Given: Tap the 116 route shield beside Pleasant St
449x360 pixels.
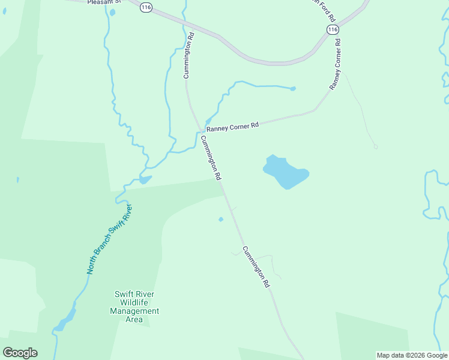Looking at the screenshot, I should pyautogui.click(x=146, y=7).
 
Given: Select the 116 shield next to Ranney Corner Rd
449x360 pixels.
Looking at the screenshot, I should pyautogui.click(x=333, y=29).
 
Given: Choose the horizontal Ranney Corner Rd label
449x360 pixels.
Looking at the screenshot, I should pyautogui.click(x=232, y=127).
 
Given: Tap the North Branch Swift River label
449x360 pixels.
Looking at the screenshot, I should pyautogui.click(x=109, y=239).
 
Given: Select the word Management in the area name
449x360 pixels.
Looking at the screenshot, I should pyautogui.click(x=134, y=311).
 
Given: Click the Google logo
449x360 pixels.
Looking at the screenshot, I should pyautogui.click(x=20, y=353).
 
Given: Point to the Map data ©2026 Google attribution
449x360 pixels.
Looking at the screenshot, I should pyautogui.click(x=412, y=355).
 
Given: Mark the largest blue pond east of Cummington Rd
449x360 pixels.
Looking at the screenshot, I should pyautogui.click(x=286, y=172).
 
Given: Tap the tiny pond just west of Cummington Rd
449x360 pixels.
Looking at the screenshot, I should pyautogui.click(x=221, y=219).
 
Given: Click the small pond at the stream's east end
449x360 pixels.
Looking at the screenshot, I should pyautogui.click(x=293, y=89).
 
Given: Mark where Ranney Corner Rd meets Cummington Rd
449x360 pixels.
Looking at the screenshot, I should pyautogui.click(x=200, y=130).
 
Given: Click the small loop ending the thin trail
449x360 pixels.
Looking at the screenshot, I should pyautogui.click(x=375, y=146).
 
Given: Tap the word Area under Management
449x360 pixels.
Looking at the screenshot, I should pyautogui.click(x=134, y=320).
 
